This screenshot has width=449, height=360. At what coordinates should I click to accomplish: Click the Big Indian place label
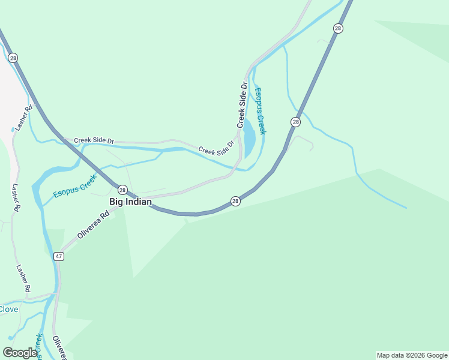130,202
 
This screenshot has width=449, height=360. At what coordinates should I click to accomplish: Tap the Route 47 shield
58,256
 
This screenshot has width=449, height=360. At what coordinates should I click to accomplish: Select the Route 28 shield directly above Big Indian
122,190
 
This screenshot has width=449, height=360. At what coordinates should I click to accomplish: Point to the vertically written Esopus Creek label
260,111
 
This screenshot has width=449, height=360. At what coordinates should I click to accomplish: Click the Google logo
20,353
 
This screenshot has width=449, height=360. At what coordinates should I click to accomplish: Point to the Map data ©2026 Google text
412,355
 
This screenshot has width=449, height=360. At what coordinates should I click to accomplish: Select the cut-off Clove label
8,309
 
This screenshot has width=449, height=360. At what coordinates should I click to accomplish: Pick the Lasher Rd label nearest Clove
23,279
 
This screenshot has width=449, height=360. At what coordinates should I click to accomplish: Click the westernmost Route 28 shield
13,58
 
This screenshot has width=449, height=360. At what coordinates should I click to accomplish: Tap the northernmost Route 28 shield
339,28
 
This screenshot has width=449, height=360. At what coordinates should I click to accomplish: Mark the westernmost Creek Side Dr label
94,140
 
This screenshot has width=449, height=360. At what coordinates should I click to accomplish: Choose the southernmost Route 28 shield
235,201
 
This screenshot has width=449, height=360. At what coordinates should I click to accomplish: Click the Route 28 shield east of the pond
295,122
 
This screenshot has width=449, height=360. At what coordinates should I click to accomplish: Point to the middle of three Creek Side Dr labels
216,148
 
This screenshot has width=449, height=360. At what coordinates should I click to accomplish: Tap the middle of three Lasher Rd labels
15,197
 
